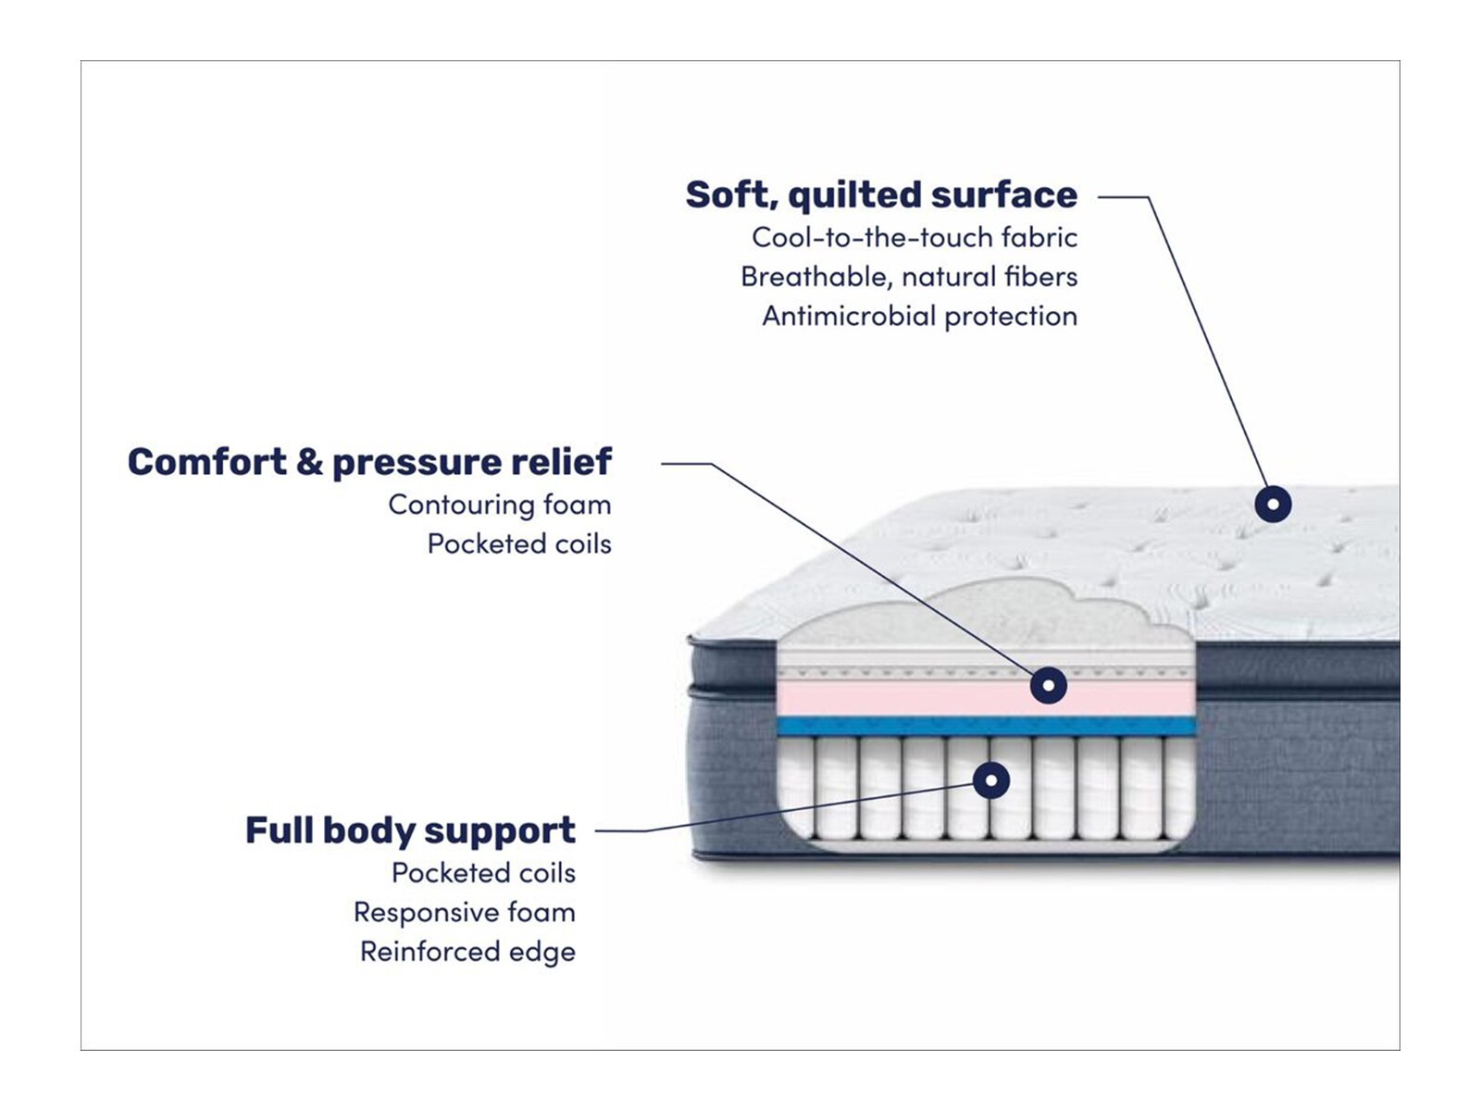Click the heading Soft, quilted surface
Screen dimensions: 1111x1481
(x=881, y=195)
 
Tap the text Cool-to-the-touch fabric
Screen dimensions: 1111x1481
(x=915, y=238)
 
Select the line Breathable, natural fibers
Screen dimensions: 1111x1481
(x=909, y=277)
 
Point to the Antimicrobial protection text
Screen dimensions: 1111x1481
(x=919, y=317)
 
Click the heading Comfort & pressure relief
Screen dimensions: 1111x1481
(x=369, y=462)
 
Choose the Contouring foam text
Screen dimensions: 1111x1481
(x=500, y=505)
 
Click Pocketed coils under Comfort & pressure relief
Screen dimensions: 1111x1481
(x=519, y=544)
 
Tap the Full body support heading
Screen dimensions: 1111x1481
(x=410, y=830)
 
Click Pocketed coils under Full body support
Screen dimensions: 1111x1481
(x=483, y=873)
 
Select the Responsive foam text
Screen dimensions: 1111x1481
(x=465, y=913)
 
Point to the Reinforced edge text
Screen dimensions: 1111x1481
(x=467, y=952)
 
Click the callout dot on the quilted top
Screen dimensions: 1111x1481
(x=1273, y=505)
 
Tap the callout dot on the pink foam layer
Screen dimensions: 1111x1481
(x=1048, y=685)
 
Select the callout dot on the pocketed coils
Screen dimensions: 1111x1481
(x=990, y=780)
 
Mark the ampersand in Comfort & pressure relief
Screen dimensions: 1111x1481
(x=309, y=462)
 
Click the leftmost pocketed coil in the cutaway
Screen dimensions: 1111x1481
(x=795, y=787)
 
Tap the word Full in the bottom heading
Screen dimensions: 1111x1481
(x=279, y=830)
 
